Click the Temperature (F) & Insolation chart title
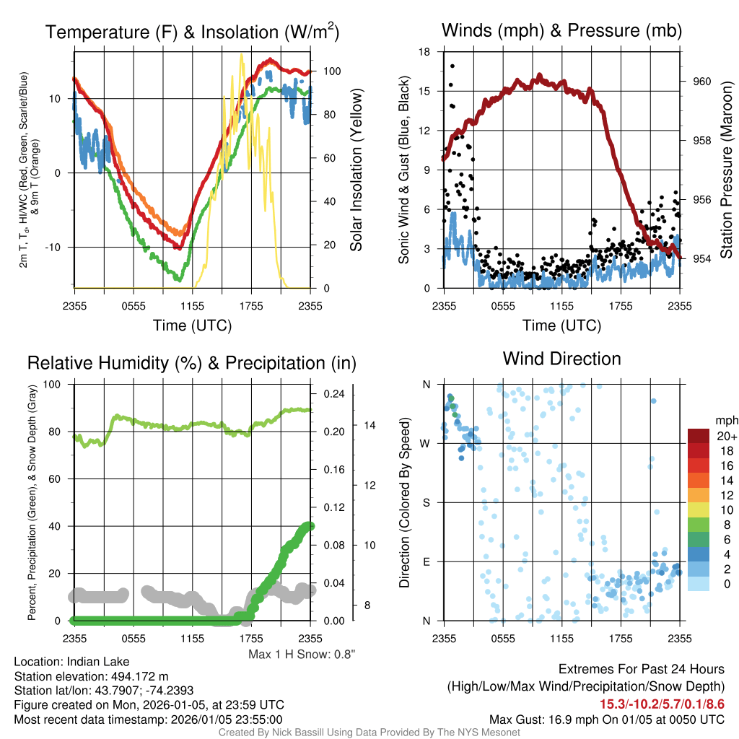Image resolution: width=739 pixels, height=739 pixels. [192, 32]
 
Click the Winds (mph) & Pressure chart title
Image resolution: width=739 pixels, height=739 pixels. [561, 30]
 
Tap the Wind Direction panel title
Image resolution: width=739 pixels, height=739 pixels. [561, 359]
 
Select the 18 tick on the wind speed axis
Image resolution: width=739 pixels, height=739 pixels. [425, 52]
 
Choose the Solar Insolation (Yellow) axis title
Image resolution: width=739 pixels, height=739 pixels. [355, 170]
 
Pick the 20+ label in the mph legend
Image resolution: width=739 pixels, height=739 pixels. [726, 437]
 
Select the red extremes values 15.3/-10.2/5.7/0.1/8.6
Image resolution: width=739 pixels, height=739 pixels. [662, 704]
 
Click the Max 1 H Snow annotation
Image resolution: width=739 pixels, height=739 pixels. [302, 654]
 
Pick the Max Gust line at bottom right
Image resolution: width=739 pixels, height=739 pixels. [606, 719]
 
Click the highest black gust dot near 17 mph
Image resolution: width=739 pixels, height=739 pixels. [452, 66]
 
